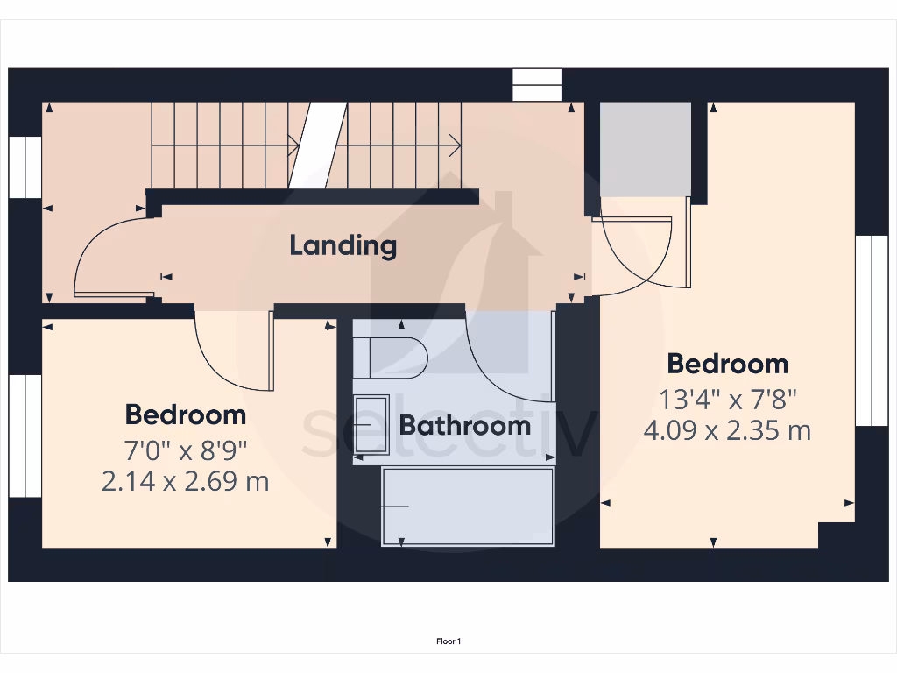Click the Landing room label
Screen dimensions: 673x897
tap(343, 245)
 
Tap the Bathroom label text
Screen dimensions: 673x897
tap(464, 426)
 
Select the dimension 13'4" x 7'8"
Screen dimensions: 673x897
tap(727, 400)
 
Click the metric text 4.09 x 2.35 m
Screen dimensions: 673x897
tap(727, 431)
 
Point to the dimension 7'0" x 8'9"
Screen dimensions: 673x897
tap(185, 450)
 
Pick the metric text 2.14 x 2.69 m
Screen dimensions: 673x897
tap(185, 481)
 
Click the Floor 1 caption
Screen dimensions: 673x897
tap(448, 641)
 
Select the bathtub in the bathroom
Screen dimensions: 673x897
tap(468, 507)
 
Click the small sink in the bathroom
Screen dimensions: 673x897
tap(371, 425)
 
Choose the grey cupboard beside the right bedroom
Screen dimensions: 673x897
tap(645, 149)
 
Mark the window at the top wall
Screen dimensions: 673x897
tap(536, 85)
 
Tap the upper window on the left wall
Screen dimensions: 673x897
tap(25, 166)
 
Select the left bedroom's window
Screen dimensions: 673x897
tap(25, 436)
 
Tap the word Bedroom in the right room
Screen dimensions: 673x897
tap(727, 364)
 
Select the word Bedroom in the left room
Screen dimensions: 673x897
tap(185, 414)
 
